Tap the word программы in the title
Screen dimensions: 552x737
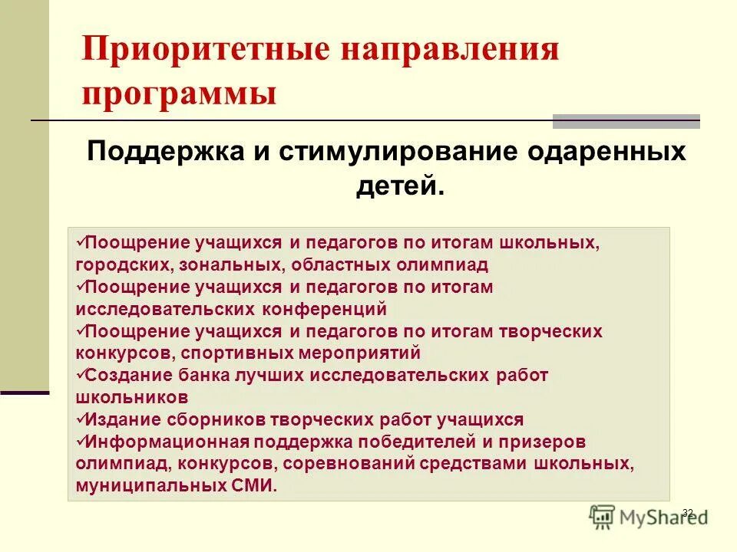point(180,94)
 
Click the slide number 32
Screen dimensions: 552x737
point(687,512)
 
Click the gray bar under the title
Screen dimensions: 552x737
point(626,121)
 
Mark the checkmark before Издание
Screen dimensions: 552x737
point(81,419)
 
